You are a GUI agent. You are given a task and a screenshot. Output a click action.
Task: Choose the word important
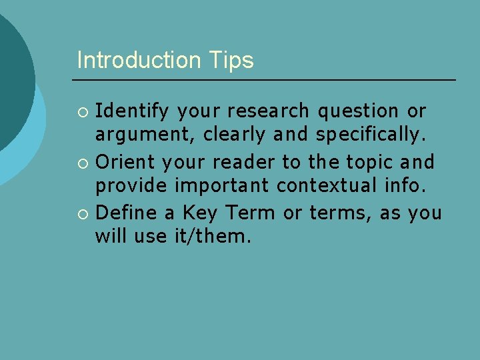[x=215, y=187]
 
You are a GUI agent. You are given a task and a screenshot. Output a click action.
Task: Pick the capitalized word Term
[x=250, y=212]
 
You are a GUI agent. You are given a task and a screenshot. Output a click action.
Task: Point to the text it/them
[x=211, y=237]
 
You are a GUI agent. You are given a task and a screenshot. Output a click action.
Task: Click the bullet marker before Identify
[x=83, y=111]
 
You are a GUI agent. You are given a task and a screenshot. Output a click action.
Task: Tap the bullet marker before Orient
[x=83, y=162]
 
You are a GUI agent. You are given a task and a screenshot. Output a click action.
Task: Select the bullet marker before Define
[x=83, y=213]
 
